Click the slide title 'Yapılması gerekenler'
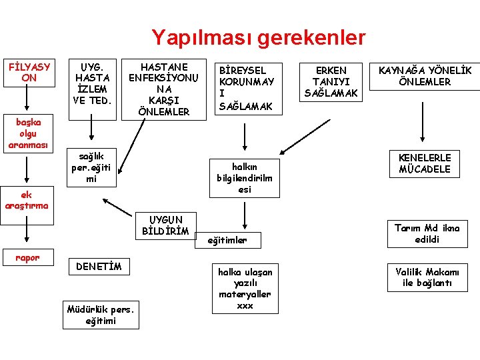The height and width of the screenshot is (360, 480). [x=258, y=37]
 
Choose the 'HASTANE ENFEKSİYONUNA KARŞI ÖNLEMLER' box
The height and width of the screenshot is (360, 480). [x=163, y=89]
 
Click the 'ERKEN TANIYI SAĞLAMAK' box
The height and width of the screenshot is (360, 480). [x=331, y=82]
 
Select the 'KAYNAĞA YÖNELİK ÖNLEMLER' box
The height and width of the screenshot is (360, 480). [x=425, y=77]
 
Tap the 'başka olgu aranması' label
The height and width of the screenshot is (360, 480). [x=25, y=133]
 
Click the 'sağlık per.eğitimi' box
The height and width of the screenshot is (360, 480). [x=92, y=166]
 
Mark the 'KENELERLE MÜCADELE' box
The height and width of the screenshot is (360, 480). [x=425, y=163]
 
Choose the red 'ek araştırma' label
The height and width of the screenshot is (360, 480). [x=26, y=200]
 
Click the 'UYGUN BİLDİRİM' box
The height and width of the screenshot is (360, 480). [x=165, y=225]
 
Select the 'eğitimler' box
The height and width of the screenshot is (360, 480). [x=227, y=240]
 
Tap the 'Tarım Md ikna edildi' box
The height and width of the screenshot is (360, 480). [x=427, y=233]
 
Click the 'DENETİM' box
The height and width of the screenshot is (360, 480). [x=99, y=267]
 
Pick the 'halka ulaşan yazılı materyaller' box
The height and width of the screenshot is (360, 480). [x=245, y=289]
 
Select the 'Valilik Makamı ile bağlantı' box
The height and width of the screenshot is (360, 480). [x=427, y=277]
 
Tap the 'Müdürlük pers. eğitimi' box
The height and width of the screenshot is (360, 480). [x=101, y=315]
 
